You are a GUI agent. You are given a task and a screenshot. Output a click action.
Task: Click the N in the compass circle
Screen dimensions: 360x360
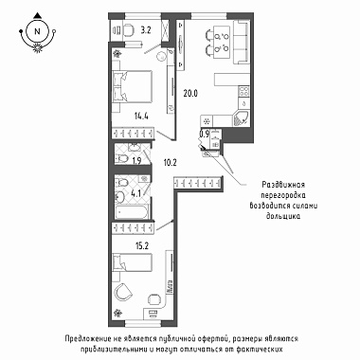click(38, 31)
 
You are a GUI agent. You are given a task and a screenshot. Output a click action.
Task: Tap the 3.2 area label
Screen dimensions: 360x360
click(146, 30)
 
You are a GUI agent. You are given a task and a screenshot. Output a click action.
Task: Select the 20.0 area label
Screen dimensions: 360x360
click(190, 94)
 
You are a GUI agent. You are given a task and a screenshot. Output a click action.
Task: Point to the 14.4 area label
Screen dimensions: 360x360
click(141, 116)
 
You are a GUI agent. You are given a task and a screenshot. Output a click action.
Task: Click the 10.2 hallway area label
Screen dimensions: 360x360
click(170, 163)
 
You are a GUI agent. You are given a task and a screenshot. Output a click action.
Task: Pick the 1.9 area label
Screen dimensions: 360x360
click(136, 161)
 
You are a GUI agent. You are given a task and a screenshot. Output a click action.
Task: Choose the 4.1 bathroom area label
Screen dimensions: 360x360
click(135, 193)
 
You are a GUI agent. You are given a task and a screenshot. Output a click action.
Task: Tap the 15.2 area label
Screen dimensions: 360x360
click(142, 246)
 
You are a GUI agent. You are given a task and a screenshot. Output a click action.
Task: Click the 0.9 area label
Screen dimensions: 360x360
click(204, 134)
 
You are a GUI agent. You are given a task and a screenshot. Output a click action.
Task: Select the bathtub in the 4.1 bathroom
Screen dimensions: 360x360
click(132, 211)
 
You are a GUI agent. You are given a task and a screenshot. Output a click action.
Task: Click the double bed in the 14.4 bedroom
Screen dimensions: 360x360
click(133, 86)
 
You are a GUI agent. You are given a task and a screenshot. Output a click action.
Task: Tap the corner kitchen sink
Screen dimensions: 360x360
click(242, 119)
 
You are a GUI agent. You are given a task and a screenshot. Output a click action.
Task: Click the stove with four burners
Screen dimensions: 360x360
click(244, 91)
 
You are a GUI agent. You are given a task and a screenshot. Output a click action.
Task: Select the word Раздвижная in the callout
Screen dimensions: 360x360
click(283, 185)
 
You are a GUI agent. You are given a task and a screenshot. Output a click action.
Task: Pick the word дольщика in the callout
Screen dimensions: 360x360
click(283, 216)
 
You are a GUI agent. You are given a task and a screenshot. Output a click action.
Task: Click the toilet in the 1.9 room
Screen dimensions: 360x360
click(121, 157)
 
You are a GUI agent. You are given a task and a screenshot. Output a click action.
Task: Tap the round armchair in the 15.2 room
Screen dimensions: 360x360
click(123, 293)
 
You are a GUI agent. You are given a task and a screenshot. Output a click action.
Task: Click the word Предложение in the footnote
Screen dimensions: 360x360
click(87, 339)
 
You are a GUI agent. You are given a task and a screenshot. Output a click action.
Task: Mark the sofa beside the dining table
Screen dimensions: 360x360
click(242, 42)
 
